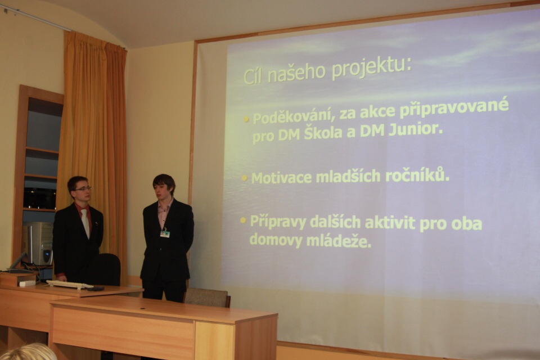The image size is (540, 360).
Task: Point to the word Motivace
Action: (x=281, y=178)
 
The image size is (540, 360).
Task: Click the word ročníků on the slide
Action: (x=417, y=176)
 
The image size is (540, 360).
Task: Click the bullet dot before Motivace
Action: (x=244, y=178)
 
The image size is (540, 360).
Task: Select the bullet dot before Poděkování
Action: (x=246, y=119)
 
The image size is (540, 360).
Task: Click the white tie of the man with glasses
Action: (x=85, y=223)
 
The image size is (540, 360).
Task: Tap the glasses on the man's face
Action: (x=83, y=189)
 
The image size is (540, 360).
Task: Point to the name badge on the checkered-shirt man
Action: (x=165, y=233)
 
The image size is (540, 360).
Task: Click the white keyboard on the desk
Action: (x=70, y=285)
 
